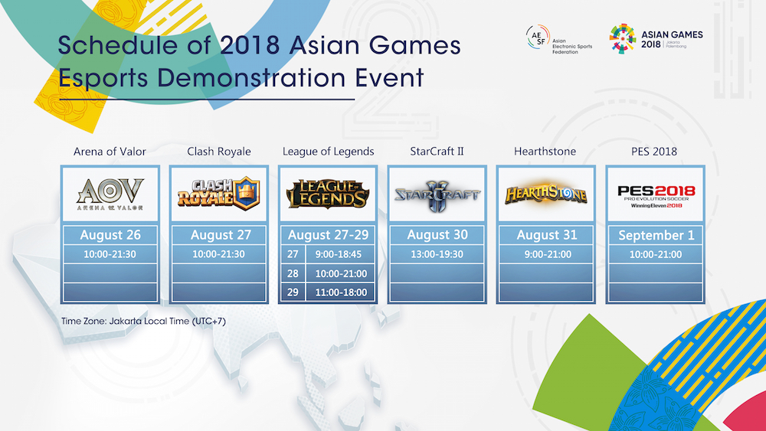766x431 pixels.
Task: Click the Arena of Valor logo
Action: [110, 194]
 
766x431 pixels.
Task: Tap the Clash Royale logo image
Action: [219, 194]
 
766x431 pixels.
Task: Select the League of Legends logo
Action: [328, 194]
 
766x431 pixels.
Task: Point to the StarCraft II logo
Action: [436, 194]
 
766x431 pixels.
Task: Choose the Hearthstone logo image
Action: [545, 194]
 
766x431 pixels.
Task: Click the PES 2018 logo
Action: [656, 194]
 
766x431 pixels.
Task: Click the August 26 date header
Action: [110, 235]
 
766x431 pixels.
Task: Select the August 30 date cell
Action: [436, 235]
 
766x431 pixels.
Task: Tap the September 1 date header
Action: [656, 235]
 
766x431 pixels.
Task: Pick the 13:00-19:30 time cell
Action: [436, 254]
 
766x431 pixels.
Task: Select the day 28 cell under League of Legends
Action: [293, 273]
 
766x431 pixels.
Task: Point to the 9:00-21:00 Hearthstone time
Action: [545, 254]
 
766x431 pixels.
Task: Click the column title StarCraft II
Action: [436, 151]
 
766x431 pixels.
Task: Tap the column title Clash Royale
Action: [219, 151]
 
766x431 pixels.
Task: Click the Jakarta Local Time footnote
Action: [143, 320]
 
